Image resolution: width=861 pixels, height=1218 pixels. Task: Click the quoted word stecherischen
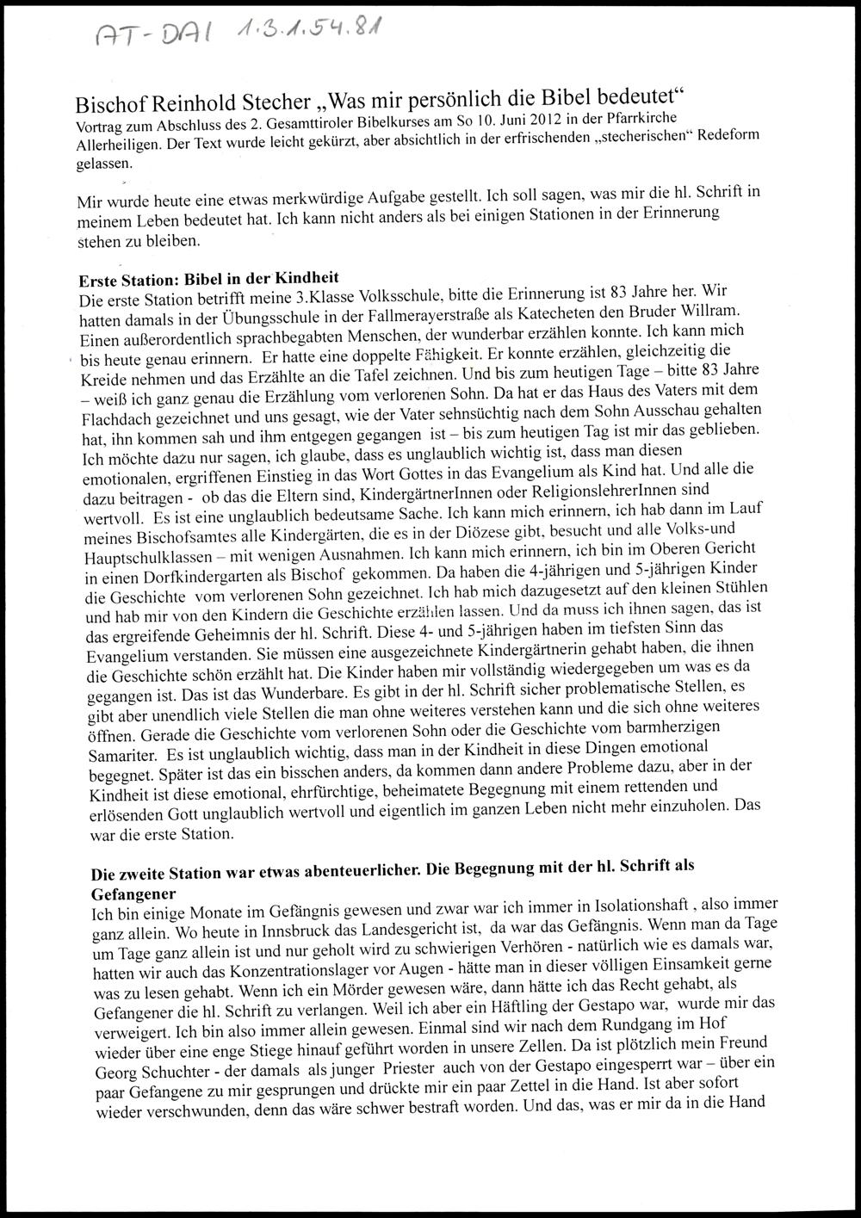607,138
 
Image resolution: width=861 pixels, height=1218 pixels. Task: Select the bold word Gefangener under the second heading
133,894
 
